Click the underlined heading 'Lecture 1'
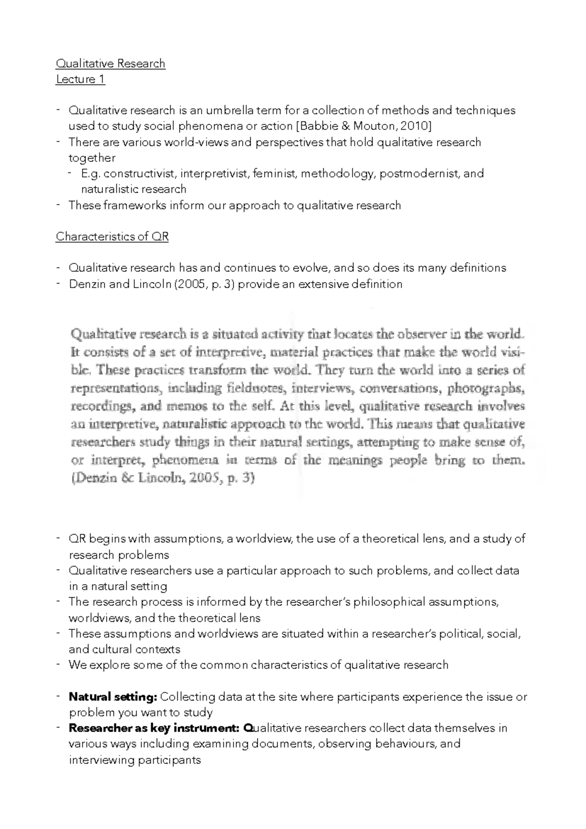80,79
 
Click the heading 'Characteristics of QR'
112,237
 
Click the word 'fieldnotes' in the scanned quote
256,389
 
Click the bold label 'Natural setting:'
113,697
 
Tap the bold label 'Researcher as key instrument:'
154,728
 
